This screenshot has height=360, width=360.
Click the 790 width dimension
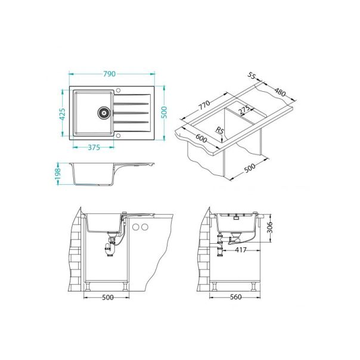click(x=109, y=74)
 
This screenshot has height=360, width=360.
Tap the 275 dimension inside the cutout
click(x=244, y=112)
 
